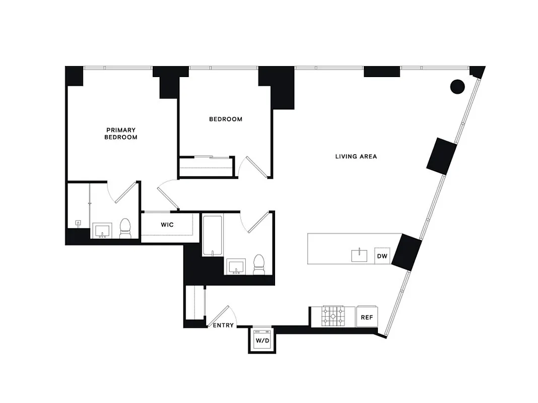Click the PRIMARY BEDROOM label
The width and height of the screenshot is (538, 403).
click(x=121, y=133)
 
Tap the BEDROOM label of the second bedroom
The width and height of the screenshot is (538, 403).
click(x=226, y=119)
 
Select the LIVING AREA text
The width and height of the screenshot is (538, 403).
click(x=356, y=157)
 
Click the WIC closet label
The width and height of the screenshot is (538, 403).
click(x=167, y=225)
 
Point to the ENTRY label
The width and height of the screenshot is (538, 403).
click(x=223, y=325)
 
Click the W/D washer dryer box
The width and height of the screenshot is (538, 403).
click(x=262, y=340)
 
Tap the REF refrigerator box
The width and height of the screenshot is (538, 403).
click(x=367, y=317)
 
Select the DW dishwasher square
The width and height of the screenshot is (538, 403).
click(x=382, y=256)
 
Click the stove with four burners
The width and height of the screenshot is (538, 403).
click(x=333, y=316)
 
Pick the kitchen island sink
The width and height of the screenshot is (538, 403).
click(x=360, y=255)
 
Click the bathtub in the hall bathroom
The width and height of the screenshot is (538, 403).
click(x=212, y=235)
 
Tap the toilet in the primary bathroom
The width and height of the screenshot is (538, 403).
click(x=125, y=229)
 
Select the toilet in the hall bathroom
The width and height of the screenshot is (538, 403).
click(x=259, y=265)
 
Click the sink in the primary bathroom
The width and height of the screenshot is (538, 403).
click(x=103, y=232)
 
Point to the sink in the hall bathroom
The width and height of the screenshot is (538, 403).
click(x=235, y=266)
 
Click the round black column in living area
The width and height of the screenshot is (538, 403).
click(x=457, y=87)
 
